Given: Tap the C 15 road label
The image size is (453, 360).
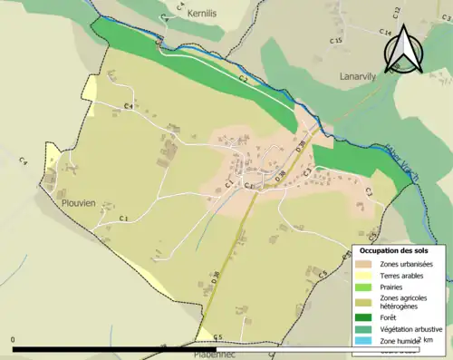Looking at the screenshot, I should point(336,42).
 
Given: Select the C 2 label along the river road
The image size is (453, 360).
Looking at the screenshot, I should point(243,80).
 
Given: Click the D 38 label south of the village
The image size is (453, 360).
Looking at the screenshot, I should point(216,280).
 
